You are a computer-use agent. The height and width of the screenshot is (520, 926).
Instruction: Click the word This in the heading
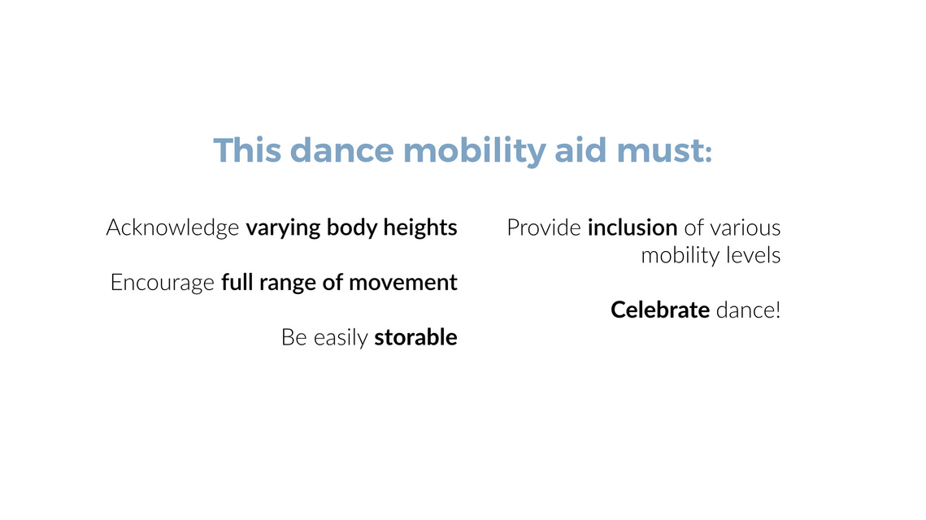click(247, 150)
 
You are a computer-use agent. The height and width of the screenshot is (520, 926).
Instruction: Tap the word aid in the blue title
click(580, 150)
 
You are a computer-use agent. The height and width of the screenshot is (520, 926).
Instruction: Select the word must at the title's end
click(664, 151)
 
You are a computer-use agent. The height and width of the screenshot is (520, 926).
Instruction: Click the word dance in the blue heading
click(342, 150)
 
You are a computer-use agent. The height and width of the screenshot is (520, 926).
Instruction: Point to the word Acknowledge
click(172, 228)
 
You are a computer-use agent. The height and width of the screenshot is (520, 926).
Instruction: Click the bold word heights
click(420, 228)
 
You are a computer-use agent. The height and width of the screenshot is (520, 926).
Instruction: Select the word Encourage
click(163, 284)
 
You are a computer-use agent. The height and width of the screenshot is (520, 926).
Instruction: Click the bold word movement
click(402, 284)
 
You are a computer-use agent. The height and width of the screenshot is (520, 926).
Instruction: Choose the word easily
click(341, 338)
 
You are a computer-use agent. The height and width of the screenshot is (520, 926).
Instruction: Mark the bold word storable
click(415, 337)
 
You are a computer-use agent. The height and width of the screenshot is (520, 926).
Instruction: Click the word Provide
click(544, 227)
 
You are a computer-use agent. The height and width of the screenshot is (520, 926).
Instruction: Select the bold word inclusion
click(633, 227)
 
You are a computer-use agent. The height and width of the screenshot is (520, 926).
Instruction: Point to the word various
click(746, 227)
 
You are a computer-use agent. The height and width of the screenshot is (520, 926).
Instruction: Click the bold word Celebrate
click(660, 310)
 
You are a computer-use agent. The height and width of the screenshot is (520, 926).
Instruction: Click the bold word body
click(352, 228)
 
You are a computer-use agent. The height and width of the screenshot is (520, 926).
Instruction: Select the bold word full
click(237, 283)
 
